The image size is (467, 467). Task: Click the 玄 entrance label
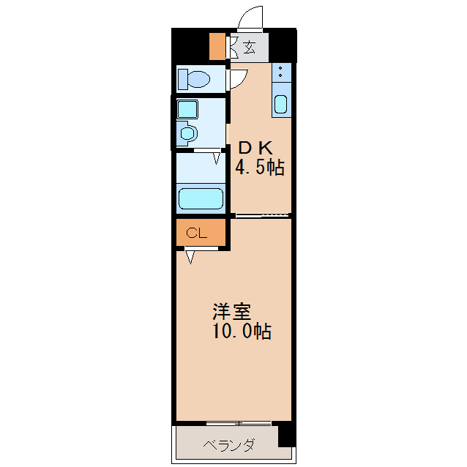pyautogui.click(x=249, y=48)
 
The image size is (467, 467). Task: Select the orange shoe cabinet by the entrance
pyautogui.click(x=217, y=47)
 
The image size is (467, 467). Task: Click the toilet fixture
pyautogui.click(x=193, y=78)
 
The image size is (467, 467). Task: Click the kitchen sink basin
pyautogui.click(x=281, y=103)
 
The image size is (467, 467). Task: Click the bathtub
pyautogui.click(x=201, y=199)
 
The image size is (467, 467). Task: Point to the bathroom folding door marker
pyautogui.click(x=217, y=157)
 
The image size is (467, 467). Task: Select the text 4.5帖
pyautogui.click(x=259, y=168)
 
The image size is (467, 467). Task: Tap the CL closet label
pyautogui.click(x=196, y=233)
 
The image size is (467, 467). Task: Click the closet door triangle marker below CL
pyautogui.click(x=190, y=256)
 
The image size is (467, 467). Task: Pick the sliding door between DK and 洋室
pyautogui.click(x=261, y=215)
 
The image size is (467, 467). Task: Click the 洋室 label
pyautogui.click(x=231, y=311)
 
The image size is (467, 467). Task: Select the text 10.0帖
pyautogui.click(x=242, y=332)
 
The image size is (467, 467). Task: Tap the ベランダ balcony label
pyautogui.click(x=228, y=445)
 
